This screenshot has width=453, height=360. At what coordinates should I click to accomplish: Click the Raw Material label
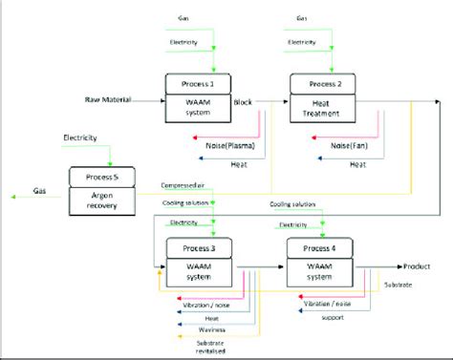pos(107,98)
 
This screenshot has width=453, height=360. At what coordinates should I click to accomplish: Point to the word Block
pos(245,98)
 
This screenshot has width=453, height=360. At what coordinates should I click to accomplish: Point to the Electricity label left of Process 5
pos(83,138)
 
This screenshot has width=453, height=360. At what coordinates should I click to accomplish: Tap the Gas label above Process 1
pos(184,18)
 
